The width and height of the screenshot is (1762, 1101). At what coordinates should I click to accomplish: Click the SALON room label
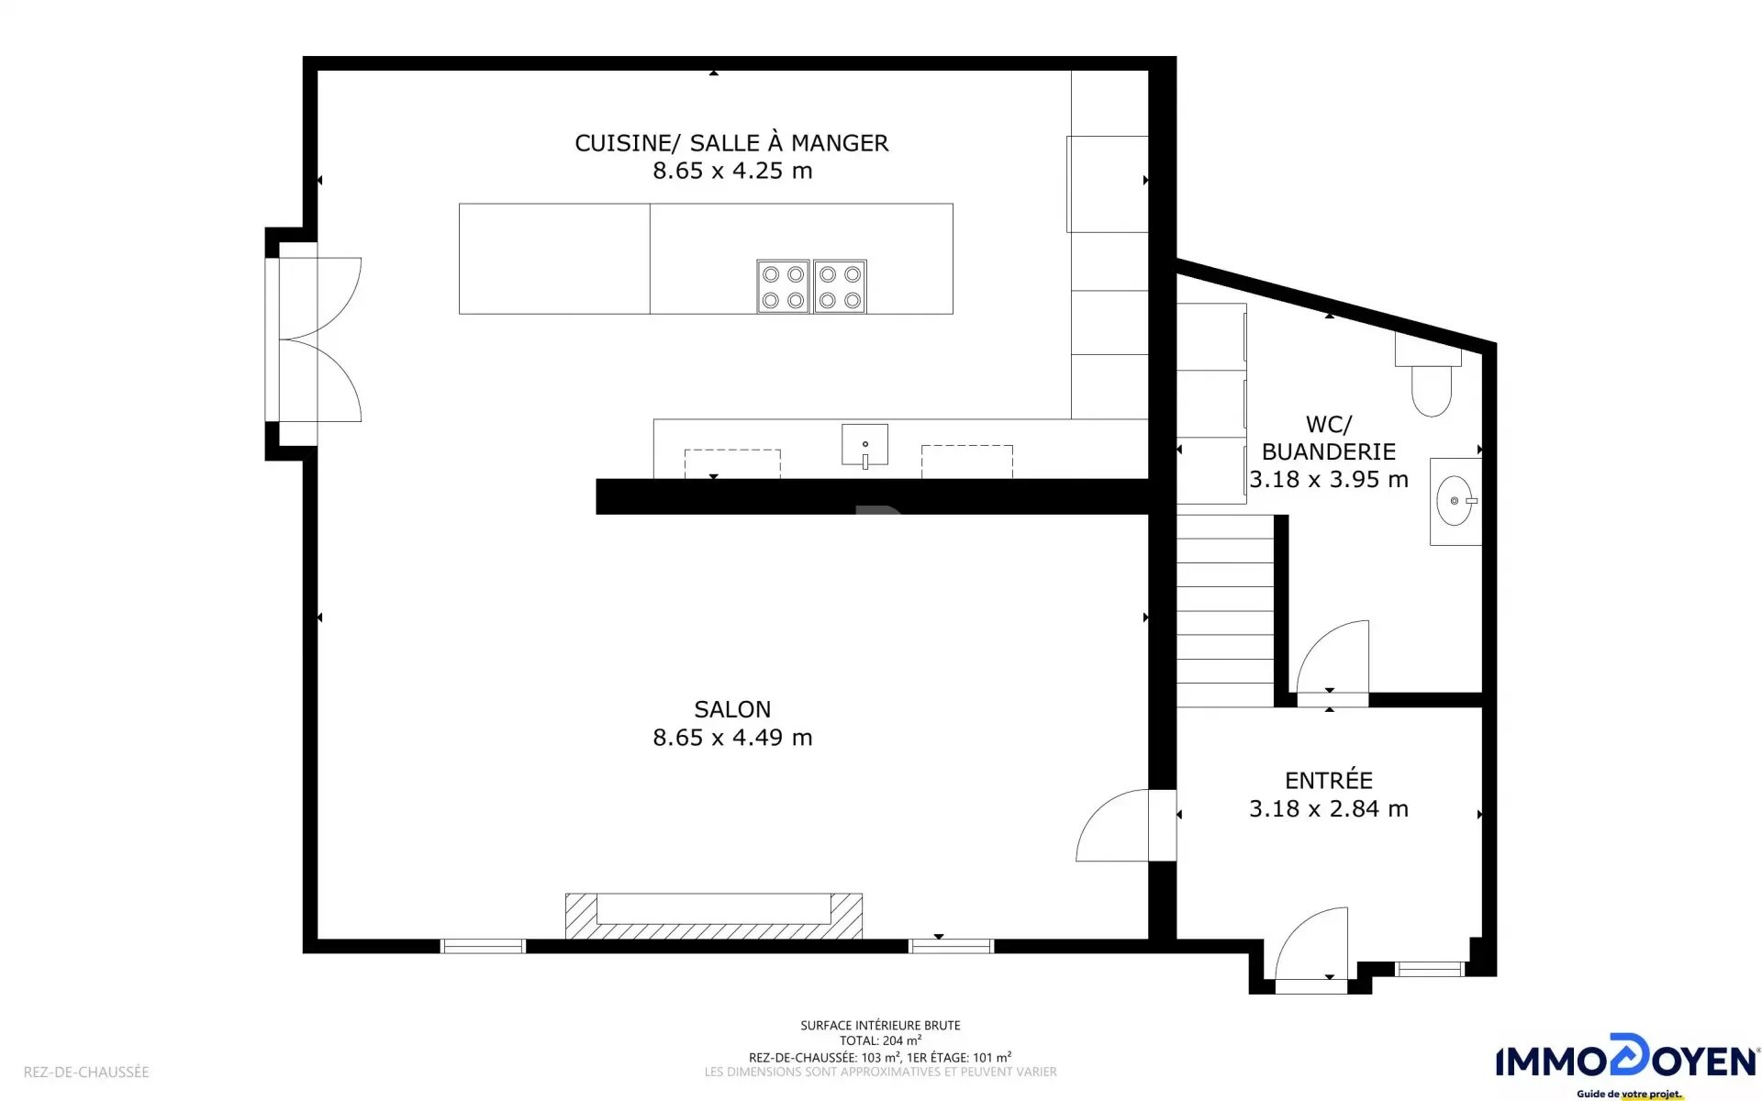732,709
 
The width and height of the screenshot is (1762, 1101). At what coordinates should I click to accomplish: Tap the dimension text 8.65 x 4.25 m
732,171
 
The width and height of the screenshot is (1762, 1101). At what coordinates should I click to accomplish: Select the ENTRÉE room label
1329,780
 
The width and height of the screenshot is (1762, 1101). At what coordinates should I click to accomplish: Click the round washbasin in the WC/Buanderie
1455,501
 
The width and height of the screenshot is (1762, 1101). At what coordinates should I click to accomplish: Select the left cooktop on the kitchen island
783,286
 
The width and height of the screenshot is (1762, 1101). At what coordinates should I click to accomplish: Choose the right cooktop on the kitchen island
840,286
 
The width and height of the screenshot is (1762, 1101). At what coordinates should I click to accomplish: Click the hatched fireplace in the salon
714,916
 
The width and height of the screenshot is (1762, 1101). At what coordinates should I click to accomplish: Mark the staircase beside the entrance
1225,610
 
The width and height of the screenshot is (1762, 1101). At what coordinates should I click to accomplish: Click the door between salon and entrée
1113,826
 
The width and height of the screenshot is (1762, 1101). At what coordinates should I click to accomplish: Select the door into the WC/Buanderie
1331,657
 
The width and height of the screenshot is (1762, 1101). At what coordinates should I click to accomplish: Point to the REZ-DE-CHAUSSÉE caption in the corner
86,1072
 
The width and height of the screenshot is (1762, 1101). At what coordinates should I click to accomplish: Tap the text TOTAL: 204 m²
880,1040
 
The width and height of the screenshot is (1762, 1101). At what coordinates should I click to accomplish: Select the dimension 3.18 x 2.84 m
1329,808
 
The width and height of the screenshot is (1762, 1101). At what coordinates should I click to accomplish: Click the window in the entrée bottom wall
1429,969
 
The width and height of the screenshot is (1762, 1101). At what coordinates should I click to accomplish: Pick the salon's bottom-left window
483,946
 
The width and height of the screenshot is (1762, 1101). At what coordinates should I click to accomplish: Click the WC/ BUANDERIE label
1329,438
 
